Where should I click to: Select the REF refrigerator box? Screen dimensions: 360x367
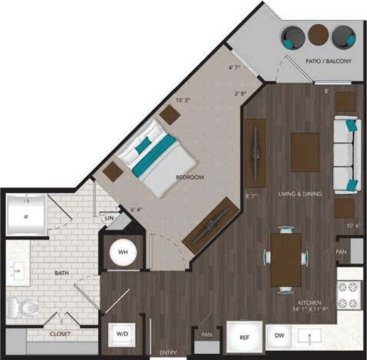coord(245,336)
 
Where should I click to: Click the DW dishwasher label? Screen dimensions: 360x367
coord(280,336)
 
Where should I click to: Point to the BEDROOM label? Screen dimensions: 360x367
coord(190,177)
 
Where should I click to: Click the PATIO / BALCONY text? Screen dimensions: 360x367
coord(328,61)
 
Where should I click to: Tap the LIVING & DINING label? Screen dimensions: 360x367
coord(300,194)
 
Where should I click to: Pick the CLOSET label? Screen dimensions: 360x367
coord(60,334)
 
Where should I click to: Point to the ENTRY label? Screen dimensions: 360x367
coord(168,352)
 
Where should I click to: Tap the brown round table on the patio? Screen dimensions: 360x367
coord(318,35)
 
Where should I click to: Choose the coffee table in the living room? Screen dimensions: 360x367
coord(305,152)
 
